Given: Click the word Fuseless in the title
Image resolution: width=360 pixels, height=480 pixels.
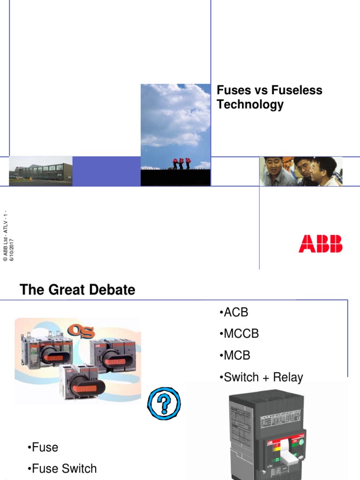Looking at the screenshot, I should click(x=297, y=90).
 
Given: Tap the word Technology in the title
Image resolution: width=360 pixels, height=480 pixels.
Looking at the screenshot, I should click(x=250, y=105).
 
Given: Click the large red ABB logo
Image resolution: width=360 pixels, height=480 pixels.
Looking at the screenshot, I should click(x=321, y=244).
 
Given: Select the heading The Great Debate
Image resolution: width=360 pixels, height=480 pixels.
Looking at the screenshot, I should click(x=77, y=290).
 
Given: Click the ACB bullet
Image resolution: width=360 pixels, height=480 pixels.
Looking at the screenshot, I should click(x=233, y=312).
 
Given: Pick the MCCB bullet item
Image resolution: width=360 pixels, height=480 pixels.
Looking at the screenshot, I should click(x=239, y=334).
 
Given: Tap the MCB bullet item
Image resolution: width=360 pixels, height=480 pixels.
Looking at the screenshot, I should click(x=235, y=355).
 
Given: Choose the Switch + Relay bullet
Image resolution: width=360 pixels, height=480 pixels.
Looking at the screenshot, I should click(x=261, y=377).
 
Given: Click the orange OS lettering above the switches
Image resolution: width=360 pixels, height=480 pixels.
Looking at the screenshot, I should click(x=81, y=331).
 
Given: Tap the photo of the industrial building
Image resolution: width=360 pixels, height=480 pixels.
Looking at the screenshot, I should click(x=41, y=171).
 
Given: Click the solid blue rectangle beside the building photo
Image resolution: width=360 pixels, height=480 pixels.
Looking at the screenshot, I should click(x=106, y=171).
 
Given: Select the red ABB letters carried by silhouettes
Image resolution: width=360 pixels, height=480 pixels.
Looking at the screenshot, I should click(x=181, y=161).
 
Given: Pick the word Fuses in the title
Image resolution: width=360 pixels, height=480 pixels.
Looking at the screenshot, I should click(x=233, y=90).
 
